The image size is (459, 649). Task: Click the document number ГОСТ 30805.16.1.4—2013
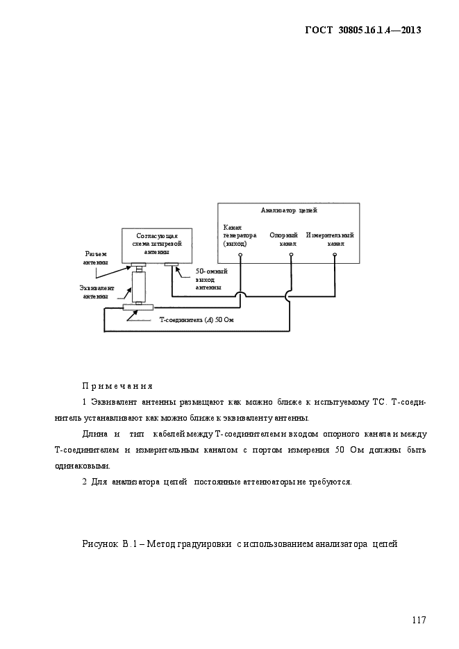pyautogui.click(x=363, y=30)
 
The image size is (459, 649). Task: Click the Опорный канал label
pyautogui.click(x=283, y=239)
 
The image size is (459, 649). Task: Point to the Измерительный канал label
pyautogui.click(x=331, y=239)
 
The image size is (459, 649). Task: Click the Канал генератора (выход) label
pyautogui.click(x=235, y=236)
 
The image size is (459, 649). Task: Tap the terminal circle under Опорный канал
pyautogui.click(x=291, y=255)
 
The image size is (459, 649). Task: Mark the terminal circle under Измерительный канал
pyautogui.click(x=335, y=255)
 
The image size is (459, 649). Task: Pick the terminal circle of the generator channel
pyautogui.click(x=240, y=255)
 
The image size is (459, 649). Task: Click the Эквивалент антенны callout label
pyautogui.click(x=96, y=292)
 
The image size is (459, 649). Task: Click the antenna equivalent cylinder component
pyautogui.click(x=140, y=286)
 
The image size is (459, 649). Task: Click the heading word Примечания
pyautogui.click(x=117, y=386)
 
